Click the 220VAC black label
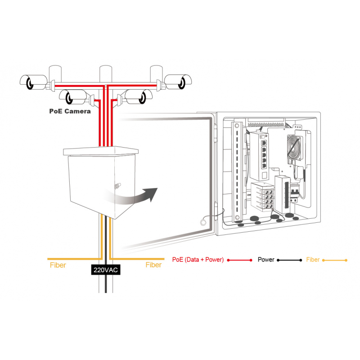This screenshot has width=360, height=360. coord(106,270)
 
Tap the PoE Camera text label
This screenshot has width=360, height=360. coord(70,111)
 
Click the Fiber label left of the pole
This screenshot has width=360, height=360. coord(58,265)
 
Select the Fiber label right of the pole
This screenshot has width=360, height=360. coord(153,265)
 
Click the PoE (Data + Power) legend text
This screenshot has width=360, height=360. coord(198,260)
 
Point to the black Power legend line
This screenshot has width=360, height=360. coord(289,260)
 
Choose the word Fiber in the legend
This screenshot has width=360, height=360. coord(313,260)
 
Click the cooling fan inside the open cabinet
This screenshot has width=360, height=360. coord(295,147)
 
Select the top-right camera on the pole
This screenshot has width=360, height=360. coord(178,82)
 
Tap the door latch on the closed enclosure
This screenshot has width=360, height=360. coord(118,185)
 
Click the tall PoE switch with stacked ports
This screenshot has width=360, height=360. coord(260,156)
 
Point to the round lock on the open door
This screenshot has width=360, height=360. coord(203,222)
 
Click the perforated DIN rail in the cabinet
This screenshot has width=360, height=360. coord(237,172)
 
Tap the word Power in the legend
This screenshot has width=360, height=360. coord(266,260)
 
